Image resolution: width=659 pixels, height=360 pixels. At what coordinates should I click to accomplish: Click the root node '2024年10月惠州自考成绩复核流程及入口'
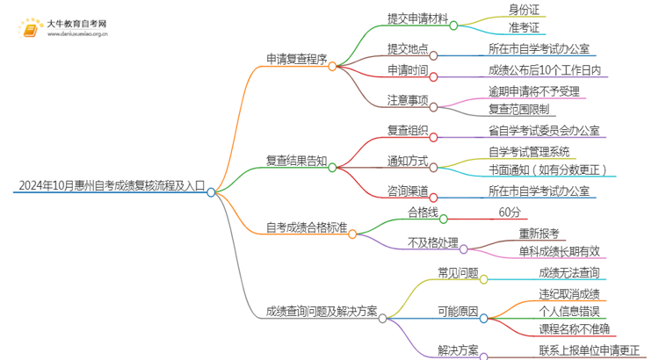pos(110,186)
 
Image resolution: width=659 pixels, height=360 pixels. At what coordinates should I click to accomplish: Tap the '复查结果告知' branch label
pos(296,161)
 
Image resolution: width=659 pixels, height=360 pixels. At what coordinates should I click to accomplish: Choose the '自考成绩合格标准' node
pos(307,228)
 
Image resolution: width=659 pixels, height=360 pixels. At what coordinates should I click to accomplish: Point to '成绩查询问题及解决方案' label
pos(321,311)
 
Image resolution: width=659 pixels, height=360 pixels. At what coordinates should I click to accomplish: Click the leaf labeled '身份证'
pos(524,10)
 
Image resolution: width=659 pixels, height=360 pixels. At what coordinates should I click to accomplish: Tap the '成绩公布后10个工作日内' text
pos(544,69)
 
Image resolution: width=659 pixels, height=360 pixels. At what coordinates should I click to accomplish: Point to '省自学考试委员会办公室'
pos(544,130)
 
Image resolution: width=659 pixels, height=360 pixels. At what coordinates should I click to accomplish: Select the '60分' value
pos(510,212)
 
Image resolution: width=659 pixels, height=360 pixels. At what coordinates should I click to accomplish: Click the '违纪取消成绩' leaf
pos(568,292)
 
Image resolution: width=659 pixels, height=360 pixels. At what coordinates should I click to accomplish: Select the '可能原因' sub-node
pos(458,311)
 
